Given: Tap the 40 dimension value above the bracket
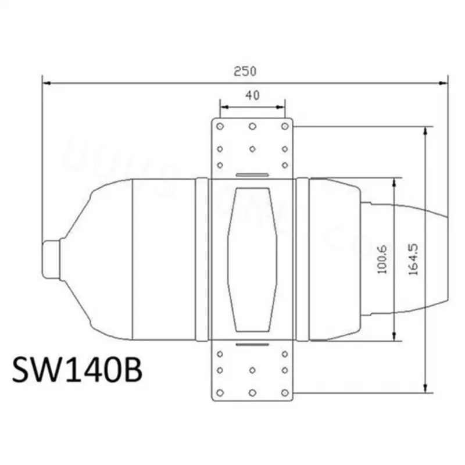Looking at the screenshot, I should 252,96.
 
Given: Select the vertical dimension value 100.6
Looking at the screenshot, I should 382,260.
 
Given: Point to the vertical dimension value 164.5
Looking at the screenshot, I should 414,260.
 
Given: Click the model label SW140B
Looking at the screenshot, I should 77,370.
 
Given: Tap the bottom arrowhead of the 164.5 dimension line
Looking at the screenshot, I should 426,389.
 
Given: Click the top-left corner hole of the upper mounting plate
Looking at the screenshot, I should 220,126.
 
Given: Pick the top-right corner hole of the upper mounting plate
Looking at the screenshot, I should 284,126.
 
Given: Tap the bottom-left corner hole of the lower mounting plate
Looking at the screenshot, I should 220,392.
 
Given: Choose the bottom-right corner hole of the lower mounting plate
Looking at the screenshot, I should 284,392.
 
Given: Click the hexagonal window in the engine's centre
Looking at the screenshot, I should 252,259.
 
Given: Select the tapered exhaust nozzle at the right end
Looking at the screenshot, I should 407,259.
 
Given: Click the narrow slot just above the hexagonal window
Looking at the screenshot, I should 252,174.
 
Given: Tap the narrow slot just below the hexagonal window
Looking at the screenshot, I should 252,344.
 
